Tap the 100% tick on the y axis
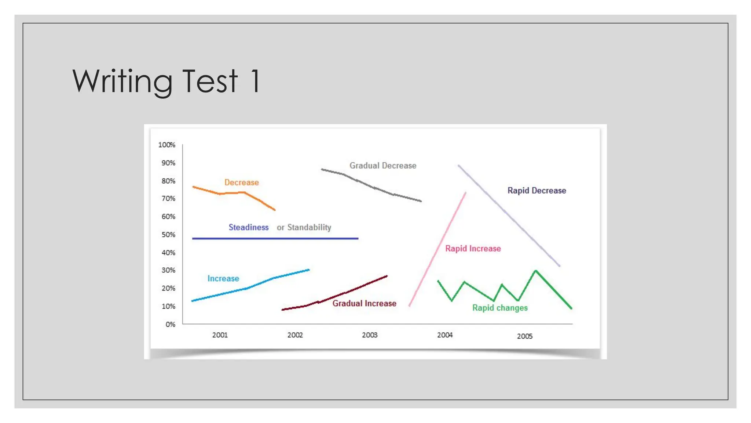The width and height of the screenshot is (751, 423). [167, 145]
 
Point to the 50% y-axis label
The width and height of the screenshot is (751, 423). [168, 235]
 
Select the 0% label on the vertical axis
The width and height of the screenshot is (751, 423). [170, 324]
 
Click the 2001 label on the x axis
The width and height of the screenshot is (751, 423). [220, 335]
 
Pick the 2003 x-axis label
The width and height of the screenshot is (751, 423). [370, 335]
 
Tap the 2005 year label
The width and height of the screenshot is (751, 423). [525, 336]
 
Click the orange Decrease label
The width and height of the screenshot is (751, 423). [241, 182]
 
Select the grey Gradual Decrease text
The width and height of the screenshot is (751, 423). [383, 166]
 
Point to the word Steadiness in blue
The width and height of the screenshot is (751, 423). [249, 227]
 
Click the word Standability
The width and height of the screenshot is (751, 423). [309, 227]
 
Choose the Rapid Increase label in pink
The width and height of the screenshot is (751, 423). [473, 249]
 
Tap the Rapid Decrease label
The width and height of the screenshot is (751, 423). [536, 191]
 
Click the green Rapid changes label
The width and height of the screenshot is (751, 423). [500, 308]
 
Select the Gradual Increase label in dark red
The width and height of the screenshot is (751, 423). [364, 303]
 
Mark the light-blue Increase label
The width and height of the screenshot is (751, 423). [223, 278]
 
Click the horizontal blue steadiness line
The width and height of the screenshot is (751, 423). [275, 239]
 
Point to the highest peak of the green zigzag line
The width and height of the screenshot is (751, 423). [536, 271]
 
